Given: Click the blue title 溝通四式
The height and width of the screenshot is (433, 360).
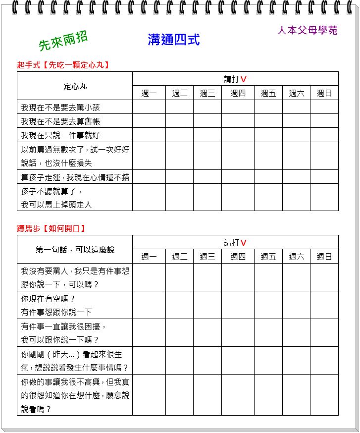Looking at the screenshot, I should (174, 40).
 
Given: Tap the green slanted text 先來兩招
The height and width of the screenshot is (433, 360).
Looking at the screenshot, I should (63, 41).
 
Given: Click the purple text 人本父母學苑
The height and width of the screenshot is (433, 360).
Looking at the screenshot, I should (308, 30).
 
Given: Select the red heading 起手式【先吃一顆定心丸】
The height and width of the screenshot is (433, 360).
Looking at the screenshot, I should (63, 65).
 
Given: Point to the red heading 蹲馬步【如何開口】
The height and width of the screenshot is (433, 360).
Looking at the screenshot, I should (51, 228).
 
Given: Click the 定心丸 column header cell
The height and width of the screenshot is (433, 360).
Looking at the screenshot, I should (75, 86).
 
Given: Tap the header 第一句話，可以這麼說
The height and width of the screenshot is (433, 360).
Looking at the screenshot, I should (75, 250).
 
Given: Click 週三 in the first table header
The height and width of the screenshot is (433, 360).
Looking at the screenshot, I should (207, 93).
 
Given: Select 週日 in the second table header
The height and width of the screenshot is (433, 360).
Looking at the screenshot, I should (324, 257).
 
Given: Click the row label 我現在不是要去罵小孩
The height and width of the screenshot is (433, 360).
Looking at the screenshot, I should (61, 108).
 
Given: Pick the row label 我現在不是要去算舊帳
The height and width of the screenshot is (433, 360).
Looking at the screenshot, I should (61, 121).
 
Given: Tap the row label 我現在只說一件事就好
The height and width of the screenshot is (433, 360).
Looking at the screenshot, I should (61, 135).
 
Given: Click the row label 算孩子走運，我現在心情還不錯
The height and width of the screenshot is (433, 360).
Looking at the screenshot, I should (75, 177).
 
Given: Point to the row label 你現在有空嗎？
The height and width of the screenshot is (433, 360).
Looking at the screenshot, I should (48, 299).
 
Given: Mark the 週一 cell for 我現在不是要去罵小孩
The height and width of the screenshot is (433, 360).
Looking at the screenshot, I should (149, 108).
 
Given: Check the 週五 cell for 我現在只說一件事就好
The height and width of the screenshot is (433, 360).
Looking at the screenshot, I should (268, 135).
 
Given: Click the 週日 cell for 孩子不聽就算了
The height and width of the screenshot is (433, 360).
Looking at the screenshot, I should (324, 197).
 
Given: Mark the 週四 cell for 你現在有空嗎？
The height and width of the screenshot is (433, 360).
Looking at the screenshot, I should (238, 305).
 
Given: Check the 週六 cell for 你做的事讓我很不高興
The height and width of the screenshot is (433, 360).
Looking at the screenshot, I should (297, 395).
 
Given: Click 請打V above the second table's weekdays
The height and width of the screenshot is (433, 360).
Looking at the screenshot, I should (235, 242).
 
